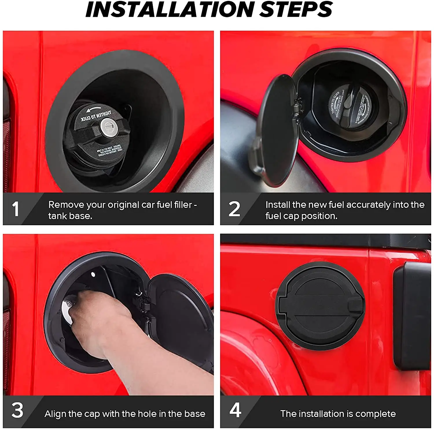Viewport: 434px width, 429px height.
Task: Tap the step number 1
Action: click(16, 209)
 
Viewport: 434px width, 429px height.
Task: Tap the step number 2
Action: click(234, 209)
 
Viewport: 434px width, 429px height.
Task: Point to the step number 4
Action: click(235, 410)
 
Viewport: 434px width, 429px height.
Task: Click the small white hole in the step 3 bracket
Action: click(93, 274)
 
